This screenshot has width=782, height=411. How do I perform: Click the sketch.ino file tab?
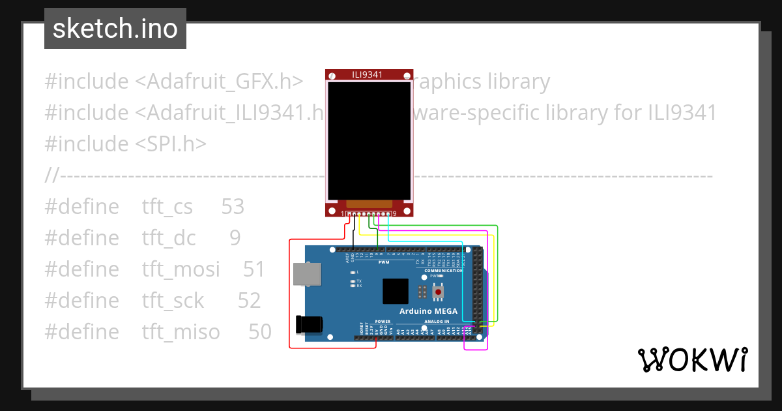(115, 29)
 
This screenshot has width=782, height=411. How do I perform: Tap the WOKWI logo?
(692, 359)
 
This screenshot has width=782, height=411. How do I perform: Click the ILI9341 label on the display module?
(369, 74)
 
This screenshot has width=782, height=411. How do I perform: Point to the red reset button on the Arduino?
(438, 291)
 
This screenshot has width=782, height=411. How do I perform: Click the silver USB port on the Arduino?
(306, 274)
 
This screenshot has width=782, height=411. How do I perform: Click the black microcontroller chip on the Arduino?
(395, 291)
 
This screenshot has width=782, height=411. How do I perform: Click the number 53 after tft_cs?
(233, 207)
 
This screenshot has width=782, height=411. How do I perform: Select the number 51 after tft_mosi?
(254, 269)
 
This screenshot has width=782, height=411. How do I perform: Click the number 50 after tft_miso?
(260, 332)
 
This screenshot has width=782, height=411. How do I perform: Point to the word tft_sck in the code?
(173, 301)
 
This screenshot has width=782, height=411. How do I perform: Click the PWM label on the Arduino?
(384, 262)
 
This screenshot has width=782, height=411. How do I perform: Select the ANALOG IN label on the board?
(437, 322)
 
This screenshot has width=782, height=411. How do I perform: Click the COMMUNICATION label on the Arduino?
(443, 270)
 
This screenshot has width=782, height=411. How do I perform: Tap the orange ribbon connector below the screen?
(369, 204)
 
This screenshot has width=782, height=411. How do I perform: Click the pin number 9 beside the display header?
(394, 214)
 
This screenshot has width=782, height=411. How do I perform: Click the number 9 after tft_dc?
(235, 238)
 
